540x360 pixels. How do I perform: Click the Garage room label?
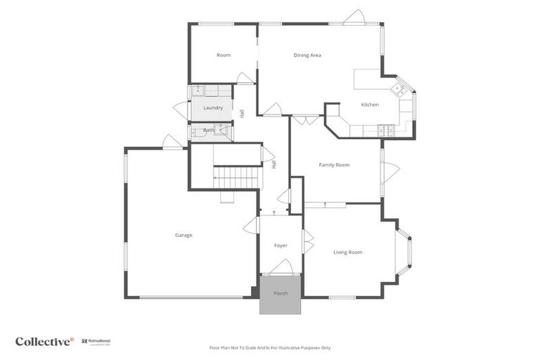184,235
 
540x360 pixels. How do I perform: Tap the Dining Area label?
307,55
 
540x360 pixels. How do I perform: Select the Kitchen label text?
370,105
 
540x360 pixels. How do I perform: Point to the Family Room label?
334,165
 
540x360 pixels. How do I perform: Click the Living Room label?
347,252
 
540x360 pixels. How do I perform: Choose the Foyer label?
281,245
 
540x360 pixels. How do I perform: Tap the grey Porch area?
281,294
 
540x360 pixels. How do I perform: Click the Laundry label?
213,108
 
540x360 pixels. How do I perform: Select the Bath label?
209,130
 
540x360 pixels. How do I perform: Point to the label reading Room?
224,55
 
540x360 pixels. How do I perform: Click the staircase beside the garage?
237,177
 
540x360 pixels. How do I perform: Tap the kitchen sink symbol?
399,89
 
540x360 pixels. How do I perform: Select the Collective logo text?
44,341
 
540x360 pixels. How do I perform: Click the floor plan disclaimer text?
270,347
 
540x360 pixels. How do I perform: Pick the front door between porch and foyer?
281,268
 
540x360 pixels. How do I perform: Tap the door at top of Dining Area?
354,17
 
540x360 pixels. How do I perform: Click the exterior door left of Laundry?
181,110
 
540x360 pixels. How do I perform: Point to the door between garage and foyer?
251,226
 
